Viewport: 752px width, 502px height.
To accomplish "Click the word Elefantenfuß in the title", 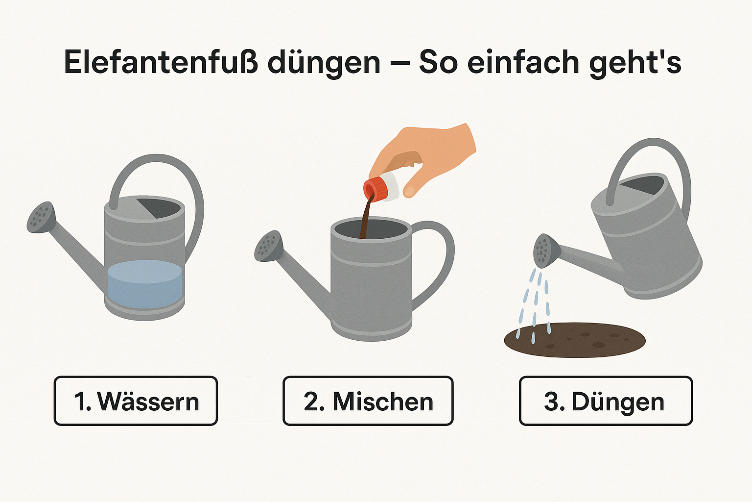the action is coord(161,62).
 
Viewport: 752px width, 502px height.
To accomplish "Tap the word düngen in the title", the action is coord(324,64).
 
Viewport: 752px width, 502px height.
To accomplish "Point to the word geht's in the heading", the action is coord(635,64).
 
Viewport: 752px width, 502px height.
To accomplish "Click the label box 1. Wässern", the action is coord(136,401).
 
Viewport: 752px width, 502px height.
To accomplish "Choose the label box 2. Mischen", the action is coord(368,401).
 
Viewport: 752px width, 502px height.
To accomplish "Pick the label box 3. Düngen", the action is coord(606,401).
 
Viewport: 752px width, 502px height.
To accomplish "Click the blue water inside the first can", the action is coord(145,284).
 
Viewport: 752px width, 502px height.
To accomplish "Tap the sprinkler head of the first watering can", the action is coord(41,218).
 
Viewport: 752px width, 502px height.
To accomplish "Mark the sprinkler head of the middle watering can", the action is coord(269,246).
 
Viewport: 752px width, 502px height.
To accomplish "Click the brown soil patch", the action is coord(575,340).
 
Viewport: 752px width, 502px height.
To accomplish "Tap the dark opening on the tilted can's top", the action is coord(642,185).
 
